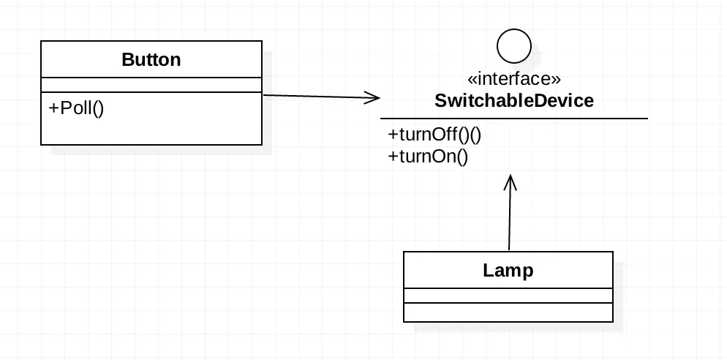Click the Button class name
click(x=151, y=59)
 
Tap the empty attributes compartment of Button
click(x=151, y=84)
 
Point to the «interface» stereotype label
click(x=513, y=79)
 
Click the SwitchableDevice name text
click(x=513, y=100)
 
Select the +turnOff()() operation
click(x=434, y=135)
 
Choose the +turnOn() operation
click(x=427, y=155)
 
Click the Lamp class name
click(x=508, y=270)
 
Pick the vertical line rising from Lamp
click(x=510, y=220)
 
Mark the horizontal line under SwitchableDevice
click(x=513, y=118)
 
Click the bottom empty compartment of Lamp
click(x=508, y=312)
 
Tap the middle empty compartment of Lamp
click(x=508, y=296)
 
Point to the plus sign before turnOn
click(x=393, y=155)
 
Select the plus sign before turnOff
click(x=393, y=135)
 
